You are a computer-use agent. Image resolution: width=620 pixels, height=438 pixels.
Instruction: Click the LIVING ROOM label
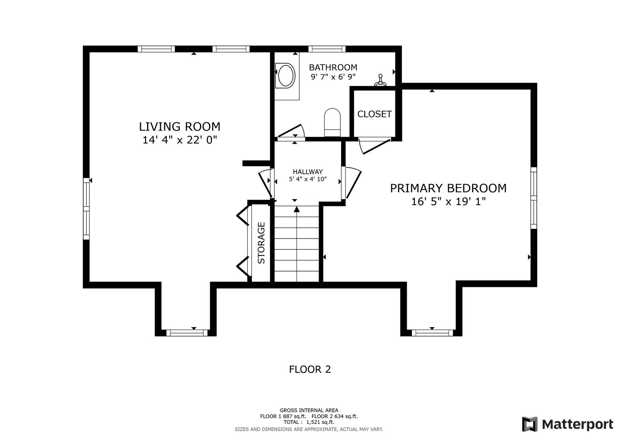coord(179,127)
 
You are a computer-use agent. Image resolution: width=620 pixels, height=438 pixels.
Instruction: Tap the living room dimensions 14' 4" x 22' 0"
coord(179,140)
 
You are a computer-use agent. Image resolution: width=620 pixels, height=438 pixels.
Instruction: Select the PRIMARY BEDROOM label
coord(448,188)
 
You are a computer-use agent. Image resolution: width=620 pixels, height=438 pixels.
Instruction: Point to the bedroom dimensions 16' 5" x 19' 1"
coord(448,201)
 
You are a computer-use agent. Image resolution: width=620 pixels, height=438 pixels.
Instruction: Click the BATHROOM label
coord(333,67)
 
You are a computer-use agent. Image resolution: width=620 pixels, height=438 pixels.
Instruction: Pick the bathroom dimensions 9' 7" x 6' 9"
coord(333,77)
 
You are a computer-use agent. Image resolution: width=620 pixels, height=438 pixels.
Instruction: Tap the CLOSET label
coord(374,114)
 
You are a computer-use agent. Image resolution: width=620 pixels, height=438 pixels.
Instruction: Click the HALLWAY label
coord(308,172)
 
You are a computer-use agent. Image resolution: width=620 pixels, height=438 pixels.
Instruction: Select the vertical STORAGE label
coord(261,243)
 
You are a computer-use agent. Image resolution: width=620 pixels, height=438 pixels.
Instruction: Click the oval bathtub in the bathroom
coord(286,76)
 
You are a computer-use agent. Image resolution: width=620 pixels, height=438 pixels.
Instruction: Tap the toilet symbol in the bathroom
coord(332,122)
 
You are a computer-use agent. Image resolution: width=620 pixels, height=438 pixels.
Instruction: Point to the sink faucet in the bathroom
coord(381,80)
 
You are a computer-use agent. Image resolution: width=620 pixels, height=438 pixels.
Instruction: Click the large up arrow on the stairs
coord(297,209)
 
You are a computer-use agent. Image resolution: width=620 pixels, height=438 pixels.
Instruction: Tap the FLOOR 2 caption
coord(310,369)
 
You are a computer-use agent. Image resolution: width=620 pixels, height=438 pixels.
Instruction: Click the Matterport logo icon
coord(529,424)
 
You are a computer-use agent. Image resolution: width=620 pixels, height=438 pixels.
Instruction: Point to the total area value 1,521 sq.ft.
coord(320,422)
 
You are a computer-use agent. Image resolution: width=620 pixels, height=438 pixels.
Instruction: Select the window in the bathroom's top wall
coord(327,49)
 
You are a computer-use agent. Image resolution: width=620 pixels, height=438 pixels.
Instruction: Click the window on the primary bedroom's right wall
coord(534,198)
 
